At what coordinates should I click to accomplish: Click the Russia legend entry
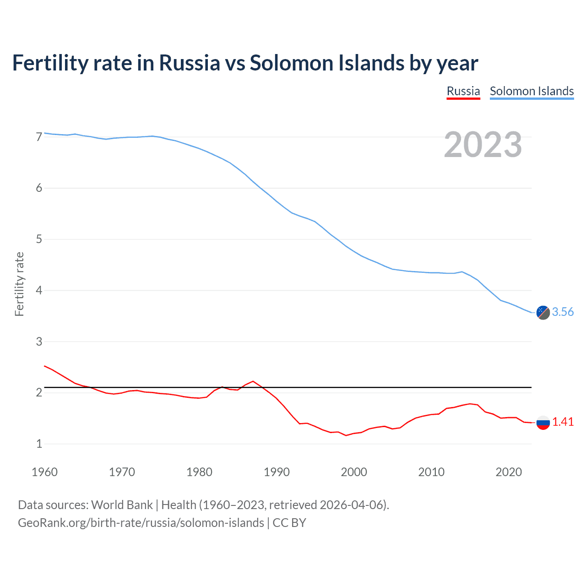pos(463,91)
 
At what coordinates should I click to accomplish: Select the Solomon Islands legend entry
pos(532,91)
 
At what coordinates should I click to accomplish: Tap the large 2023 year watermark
pos(483,145)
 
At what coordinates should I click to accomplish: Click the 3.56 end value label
pos(563,312)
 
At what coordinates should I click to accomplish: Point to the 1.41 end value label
pos(563,422)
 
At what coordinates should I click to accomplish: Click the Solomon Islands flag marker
pos(543,313)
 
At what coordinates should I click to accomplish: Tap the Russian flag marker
pos(543,423)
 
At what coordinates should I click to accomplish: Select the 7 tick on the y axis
pos(39,137)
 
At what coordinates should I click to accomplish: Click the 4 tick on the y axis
pos(39,290)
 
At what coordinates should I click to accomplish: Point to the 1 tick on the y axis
pos(39,444)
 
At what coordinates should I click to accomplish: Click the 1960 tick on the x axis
pos(44,472)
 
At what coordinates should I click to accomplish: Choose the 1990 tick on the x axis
pos(277,472)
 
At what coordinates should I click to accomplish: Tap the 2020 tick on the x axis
pos(509,472)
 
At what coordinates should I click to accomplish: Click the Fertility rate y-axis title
pos(19,284)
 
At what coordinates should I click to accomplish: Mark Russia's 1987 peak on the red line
pos(253,381)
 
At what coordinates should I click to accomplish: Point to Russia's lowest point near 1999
pos(346,435)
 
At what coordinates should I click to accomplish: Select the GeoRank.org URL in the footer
pos(141,523)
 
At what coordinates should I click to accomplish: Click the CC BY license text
pos(289,523)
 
